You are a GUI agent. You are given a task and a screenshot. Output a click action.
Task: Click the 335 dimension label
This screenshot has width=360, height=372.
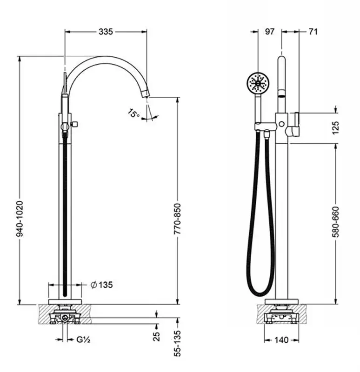point(106,32)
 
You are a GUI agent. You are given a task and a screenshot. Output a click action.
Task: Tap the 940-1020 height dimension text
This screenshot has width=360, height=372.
point(20,219)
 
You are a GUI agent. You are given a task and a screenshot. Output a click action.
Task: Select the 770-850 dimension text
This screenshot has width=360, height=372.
point(177,219)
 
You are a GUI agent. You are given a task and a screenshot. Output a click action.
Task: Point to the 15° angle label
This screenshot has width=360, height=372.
point(133,113)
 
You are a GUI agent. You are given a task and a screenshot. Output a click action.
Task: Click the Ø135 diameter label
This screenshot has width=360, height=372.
point(101,285)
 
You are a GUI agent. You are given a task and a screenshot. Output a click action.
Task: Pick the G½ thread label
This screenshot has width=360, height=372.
point(83,340)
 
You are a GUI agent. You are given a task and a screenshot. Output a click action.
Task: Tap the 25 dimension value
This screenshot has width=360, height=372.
point(156,336)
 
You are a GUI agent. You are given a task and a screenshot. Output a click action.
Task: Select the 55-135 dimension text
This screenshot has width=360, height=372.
point(177,343)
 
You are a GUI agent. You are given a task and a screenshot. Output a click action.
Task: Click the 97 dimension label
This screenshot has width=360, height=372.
point(270,32)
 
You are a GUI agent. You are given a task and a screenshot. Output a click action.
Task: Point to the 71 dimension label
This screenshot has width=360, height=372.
point(313,32)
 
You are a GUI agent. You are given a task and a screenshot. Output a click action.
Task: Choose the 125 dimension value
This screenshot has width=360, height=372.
point(335,128)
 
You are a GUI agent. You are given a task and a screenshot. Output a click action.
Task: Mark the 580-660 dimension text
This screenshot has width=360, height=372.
point(335,222)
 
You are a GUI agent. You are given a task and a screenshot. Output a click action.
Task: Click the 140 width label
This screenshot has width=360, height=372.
point(281,340)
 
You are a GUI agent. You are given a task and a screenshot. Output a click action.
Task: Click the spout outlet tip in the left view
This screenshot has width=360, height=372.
point(146,94)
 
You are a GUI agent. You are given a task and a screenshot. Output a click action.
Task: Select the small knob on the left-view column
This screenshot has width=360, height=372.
point(75,124)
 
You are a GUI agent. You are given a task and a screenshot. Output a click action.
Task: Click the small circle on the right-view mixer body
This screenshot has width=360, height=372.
point(282,124)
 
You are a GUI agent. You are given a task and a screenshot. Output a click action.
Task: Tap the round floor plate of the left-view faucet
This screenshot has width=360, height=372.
point(65,302)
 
